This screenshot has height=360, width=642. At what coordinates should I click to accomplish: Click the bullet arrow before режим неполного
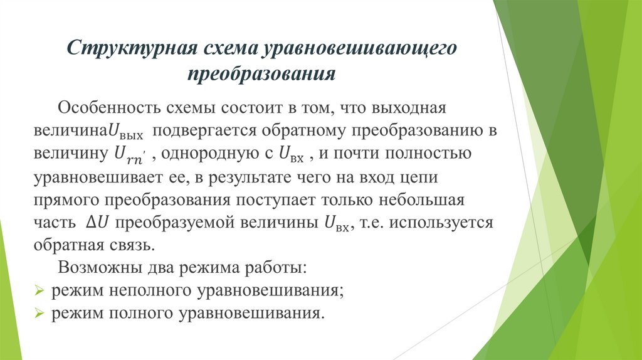(39, 292)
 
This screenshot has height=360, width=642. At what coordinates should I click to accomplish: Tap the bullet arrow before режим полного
(39, 313)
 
